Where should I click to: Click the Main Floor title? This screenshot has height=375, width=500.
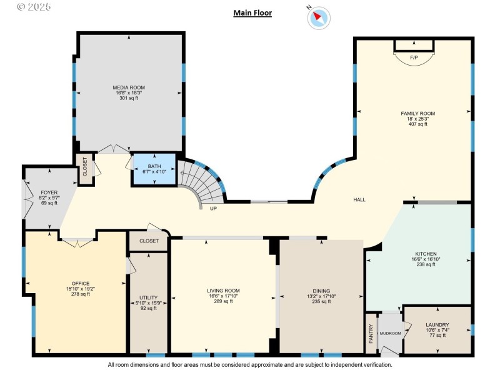pyautogui.click(x=252, y=12)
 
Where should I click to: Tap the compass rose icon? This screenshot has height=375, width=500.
pyautogui.click(x=319, y=17)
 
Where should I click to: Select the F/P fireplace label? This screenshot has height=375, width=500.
pyautogui.click(x=414, y=57)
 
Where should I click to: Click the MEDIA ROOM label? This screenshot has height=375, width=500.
pyautogui.click(x=129, y=87)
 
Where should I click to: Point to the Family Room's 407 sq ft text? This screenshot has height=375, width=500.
pyautogui.click(x=417, y=124)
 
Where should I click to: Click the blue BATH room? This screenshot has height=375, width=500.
pyautogui.click(x=154, y=169)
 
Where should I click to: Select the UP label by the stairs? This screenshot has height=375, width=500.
pyautogui.click(x=213, y=209)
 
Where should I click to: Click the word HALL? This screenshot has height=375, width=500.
pyautogui.click(x=359, y=200)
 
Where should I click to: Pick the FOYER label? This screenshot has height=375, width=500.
pyautogui.click(x=49, y=192)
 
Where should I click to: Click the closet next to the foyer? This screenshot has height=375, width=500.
pyautogui.click(x=85, y=169)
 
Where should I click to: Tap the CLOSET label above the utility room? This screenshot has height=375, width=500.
pyautogui.click(x=149, y=241)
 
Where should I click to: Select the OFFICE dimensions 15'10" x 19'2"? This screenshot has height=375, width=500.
pyautogui.click(x=81, y=289)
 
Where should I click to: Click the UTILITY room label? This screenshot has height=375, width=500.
pyautogui.click(x=149, y=298)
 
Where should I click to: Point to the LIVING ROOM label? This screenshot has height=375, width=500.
pyautogui.click(x=223, y=291)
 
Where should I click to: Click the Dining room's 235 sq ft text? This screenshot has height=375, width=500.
pyautogui.click(x=321, y=301)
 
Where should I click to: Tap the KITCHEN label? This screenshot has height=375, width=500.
pyautogui.click(x=426, y=254)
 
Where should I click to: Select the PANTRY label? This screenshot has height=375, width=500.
pyautogui.click(x=371, y=334)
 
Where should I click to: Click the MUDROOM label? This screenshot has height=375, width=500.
pyautogui.click(x=390, y=334)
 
